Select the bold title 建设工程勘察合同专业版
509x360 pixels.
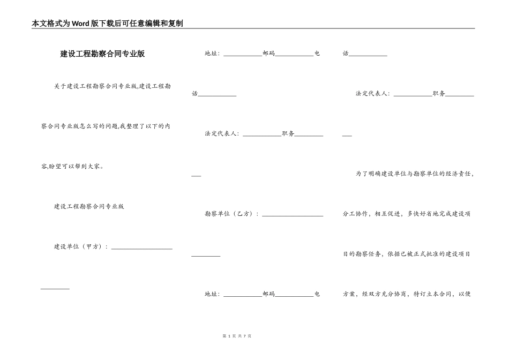coord(102,54)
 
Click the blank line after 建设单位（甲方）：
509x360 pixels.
coord(141,247)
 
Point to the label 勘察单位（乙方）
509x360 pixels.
coord(230,214)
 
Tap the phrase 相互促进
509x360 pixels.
coord(387,214)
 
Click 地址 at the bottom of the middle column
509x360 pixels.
coord(212,294)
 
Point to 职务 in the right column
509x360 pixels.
coord(438,93)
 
